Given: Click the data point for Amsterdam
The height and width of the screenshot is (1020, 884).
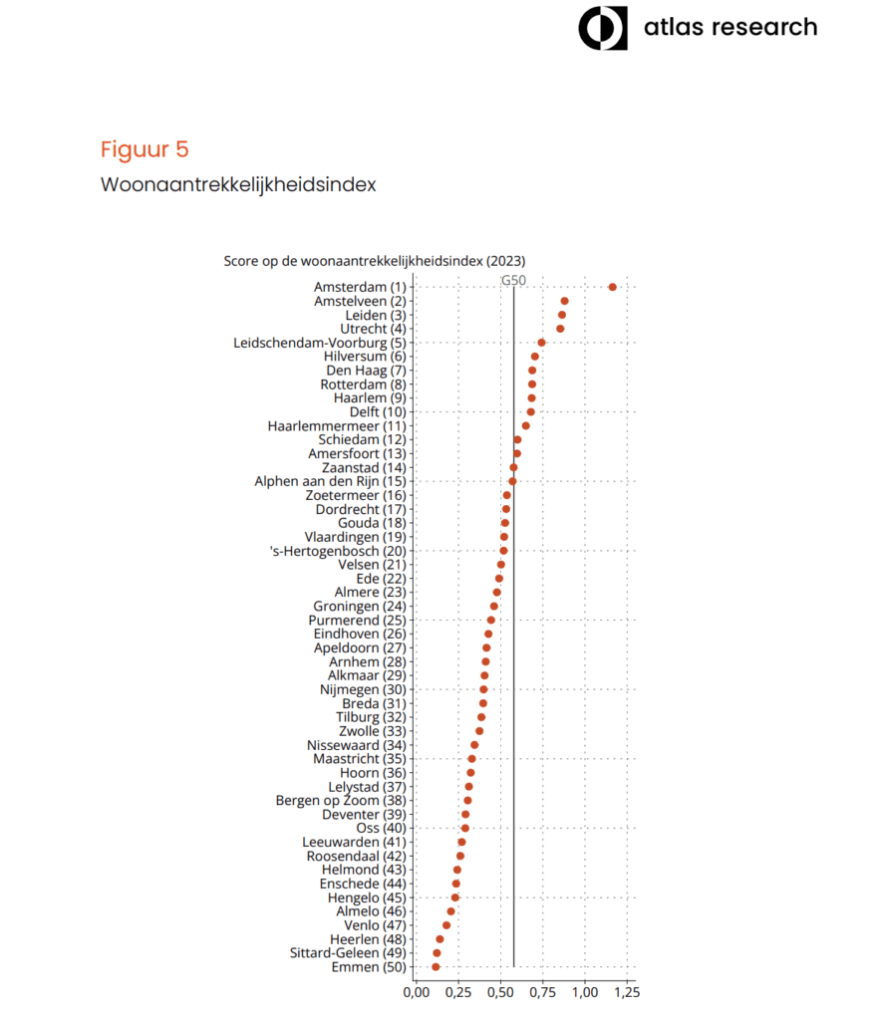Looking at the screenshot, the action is coord(612,287).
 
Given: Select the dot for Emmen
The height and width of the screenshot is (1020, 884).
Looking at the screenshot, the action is coord(436,966).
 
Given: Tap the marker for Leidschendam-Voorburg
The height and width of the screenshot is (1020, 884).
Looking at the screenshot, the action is coord(541,343).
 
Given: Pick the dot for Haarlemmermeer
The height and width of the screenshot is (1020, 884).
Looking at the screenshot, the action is coord(525,426).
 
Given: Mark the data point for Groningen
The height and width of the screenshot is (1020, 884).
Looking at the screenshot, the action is coord(494,607).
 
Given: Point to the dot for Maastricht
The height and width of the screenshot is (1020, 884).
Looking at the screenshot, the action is coord(471,758).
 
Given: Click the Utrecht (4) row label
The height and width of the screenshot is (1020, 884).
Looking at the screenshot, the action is coord(373,329).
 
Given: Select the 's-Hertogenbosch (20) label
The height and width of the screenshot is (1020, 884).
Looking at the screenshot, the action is coord(338,551).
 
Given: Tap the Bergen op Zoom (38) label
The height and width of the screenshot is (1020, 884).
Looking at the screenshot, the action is coord(341,801).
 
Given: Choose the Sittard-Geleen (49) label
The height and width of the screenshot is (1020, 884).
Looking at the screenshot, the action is coord(348,953).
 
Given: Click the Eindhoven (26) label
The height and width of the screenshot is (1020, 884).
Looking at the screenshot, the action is coord(360,635).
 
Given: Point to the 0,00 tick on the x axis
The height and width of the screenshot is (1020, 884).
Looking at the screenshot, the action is coord(417,993).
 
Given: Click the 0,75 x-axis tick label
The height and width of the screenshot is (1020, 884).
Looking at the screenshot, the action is coord(542,993).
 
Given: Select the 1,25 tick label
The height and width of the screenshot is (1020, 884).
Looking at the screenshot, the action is coord(627,993).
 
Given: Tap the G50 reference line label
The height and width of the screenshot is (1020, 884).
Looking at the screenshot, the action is coord(513,280).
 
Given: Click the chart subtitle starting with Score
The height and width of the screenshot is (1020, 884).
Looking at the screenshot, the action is coord(375,262).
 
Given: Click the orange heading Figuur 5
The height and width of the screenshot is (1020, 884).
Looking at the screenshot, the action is coord(145,149).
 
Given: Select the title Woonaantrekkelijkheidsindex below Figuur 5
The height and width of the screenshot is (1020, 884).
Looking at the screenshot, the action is coord(238,184).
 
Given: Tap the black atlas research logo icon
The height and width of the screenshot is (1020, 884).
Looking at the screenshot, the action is coord(603,28).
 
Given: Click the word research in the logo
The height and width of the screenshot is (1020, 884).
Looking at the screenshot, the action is coord(764,27).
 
